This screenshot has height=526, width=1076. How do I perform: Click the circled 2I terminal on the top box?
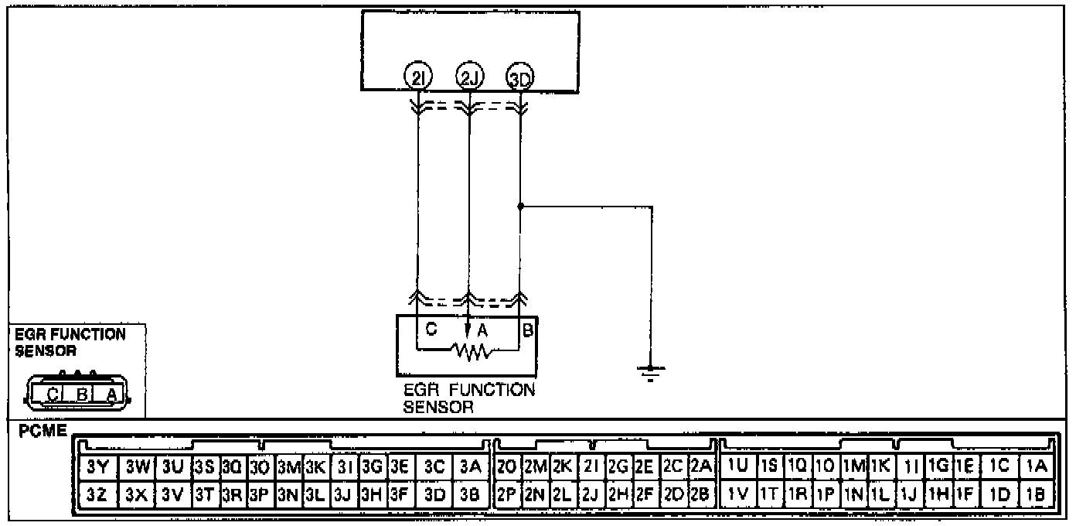417,77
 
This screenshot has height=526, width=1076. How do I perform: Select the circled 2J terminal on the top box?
468,77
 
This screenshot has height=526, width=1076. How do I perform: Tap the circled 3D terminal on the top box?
520,78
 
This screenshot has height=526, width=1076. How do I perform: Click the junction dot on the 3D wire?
520,207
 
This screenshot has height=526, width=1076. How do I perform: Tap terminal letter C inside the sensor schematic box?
431,329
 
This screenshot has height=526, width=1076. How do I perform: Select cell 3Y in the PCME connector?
97,467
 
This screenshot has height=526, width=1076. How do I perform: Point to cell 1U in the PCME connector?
737,467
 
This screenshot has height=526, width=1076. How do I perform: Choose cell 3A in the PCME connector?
470,467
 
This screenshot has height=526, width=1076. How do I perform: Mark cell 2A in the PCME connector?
700,467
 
